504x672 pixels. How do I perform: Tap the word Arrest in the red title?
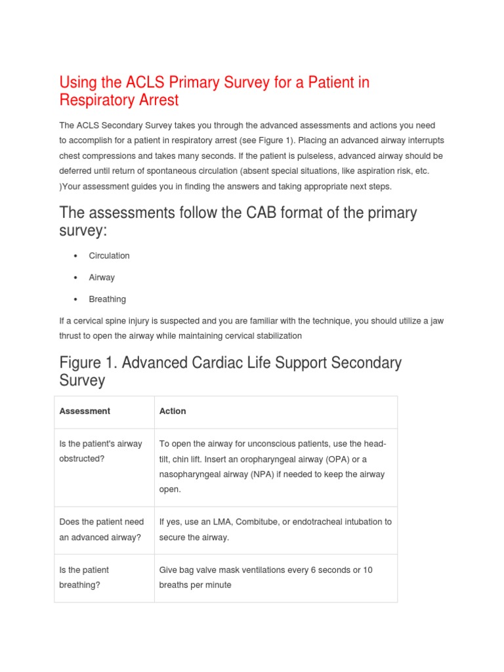[x=157, y=100]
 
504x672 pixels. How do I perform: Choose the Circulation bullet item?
[x=110, y=256]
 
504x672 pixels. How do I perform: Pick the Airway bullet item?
[x=102, y=278]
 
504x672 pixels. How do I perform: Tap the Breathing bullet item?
[x=108, y=299]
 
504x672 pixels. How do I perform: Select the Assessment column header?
[x=85, y=411]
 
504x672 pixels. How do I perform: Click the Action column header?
[x=173, y=411]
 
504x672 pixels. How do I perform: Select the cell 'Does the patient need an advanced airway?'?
[x=102, y=529]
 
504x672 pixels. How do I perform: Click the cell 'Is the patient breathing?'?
[x=84, y=577]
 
